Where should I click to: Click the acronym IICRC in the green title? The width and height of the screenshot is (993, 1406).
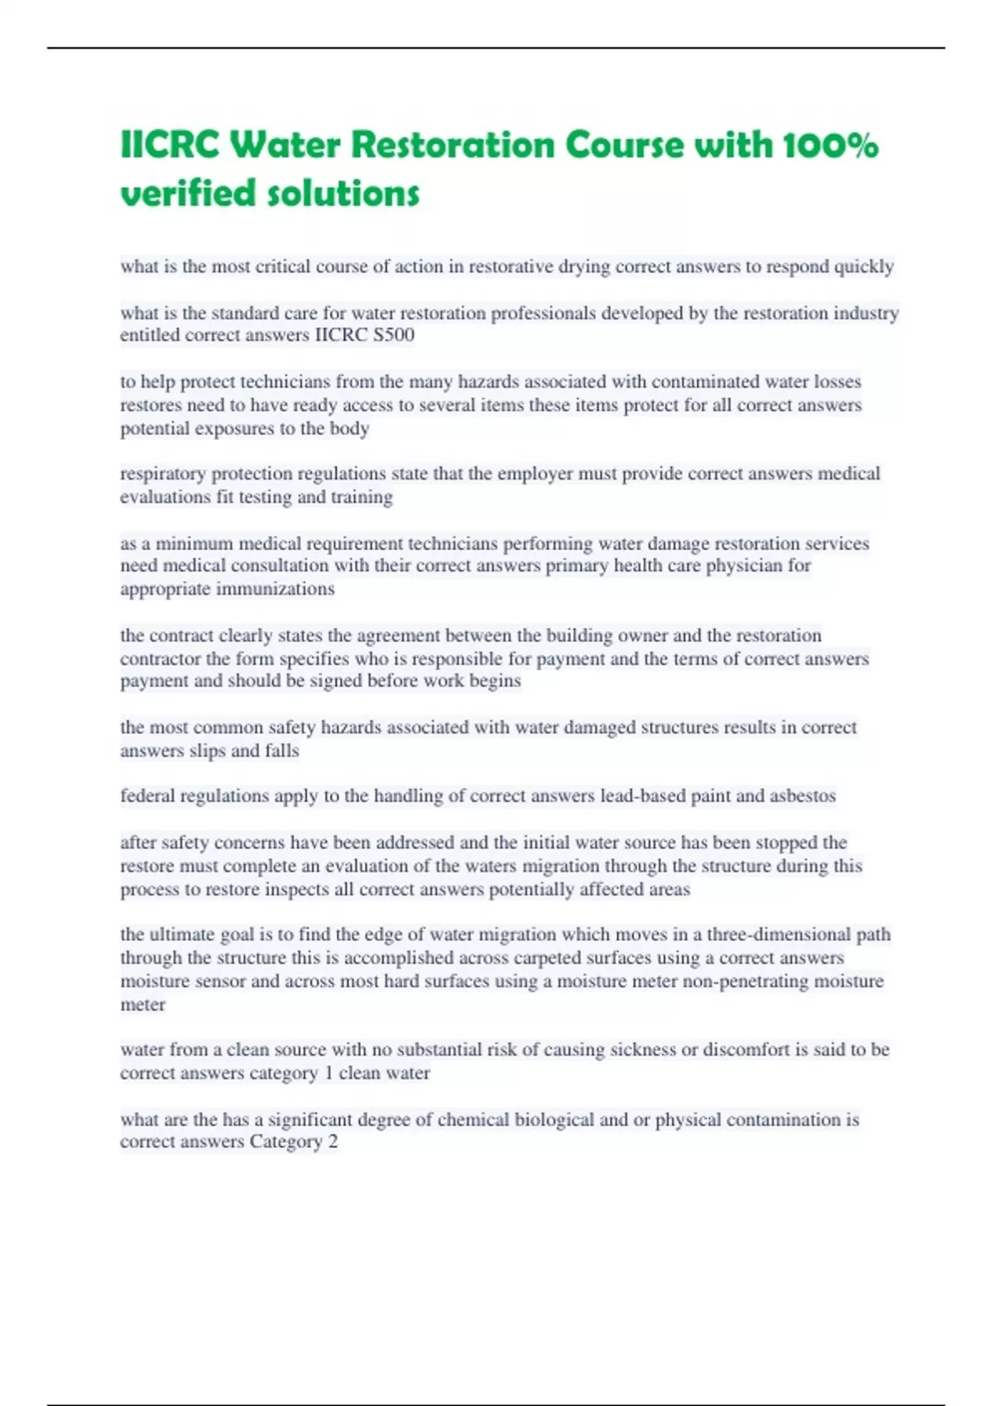coord(170,146)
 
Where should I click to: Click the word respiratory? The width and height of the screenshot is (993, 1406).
coord(163,474)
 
